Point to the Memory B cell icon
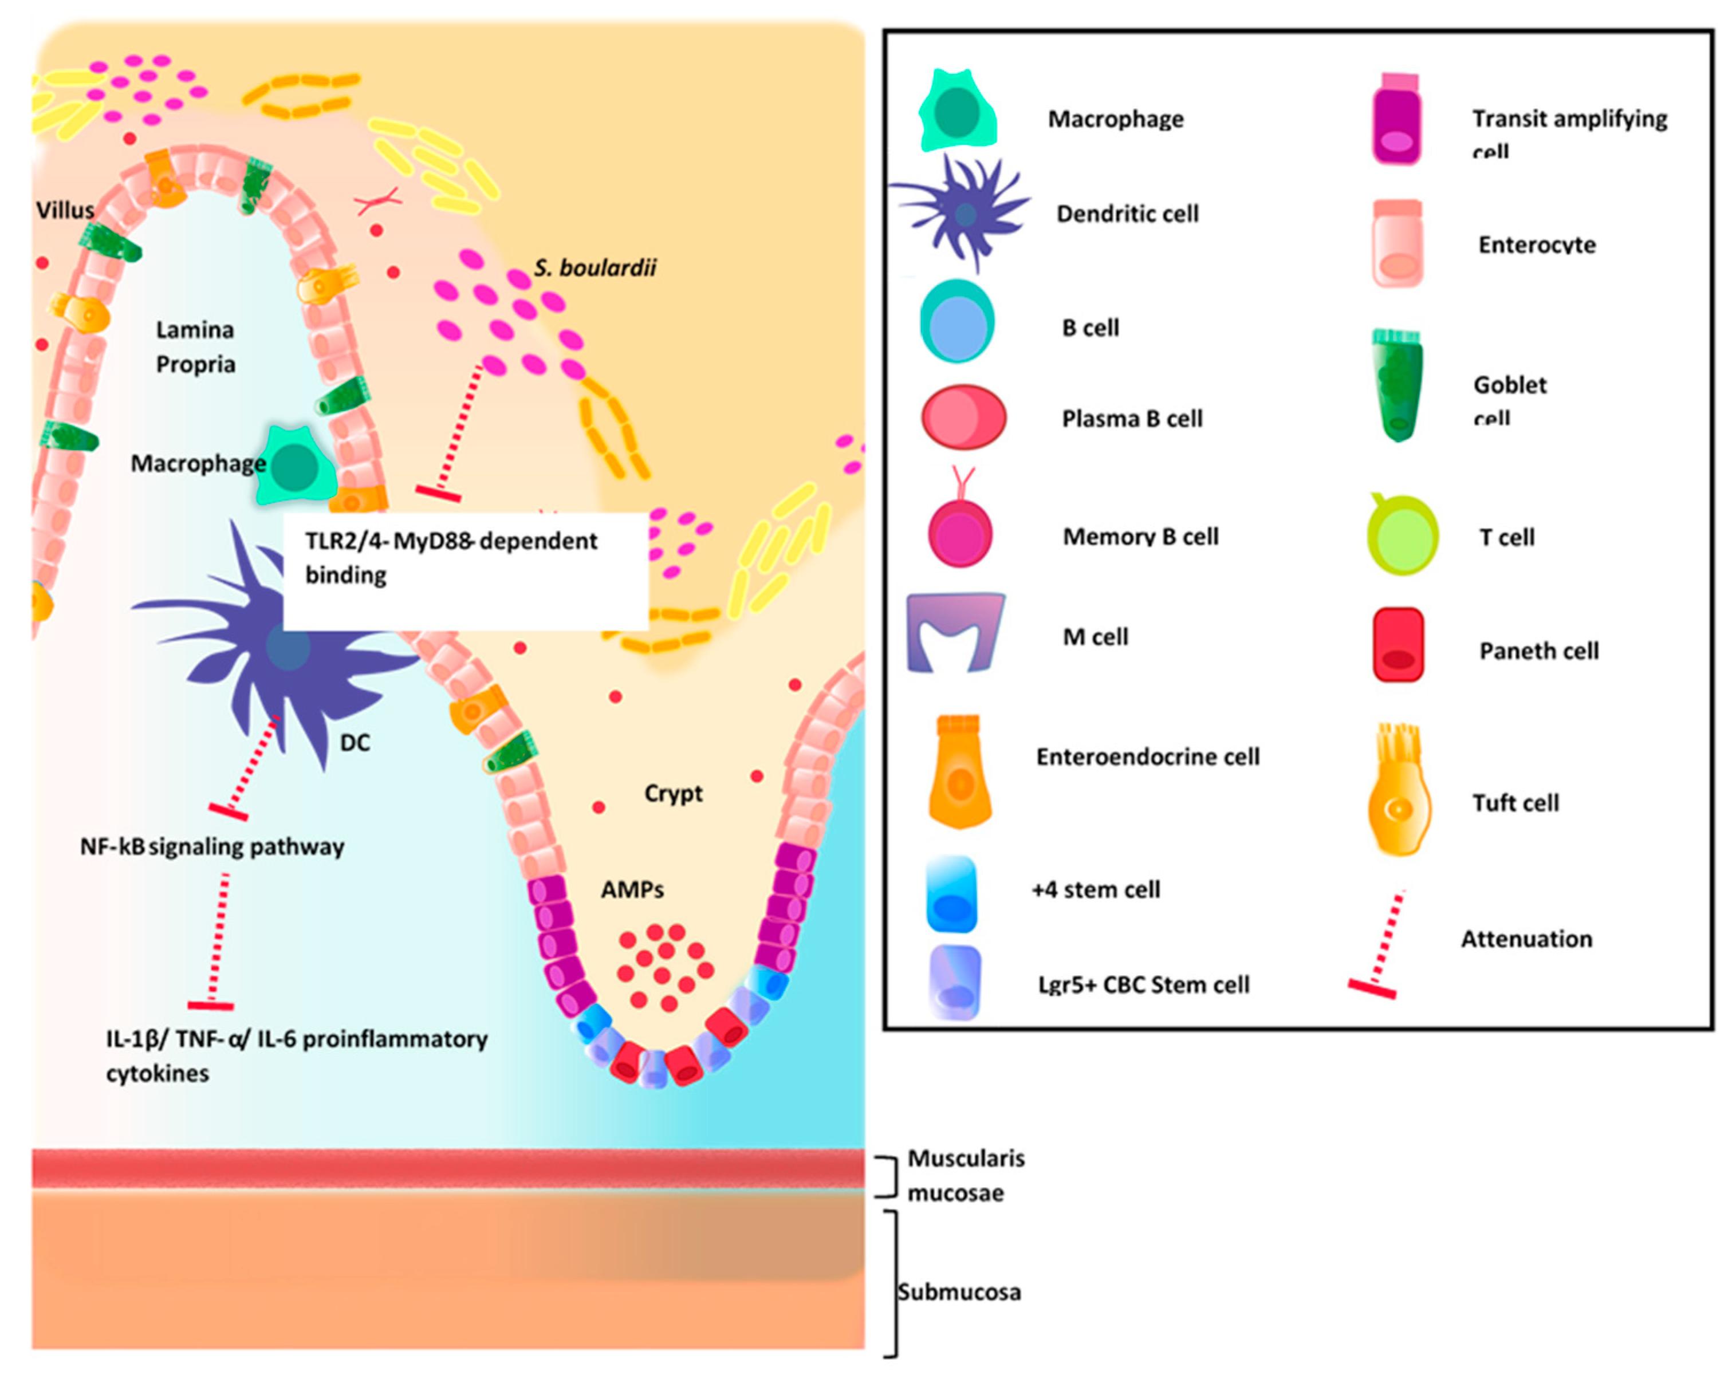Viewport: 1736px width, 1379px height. click(x=960, y=531)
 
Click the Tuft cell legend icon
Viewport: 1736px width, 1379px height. click(x=1399, y=797)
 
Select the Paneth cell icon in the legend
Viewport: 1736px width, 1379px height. click(x=1399, y=645)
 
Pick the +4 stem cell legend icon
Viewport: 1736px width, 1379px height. click(x=952, y=893)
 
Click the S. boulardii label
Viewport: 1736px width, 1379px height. click(x=595, y=267)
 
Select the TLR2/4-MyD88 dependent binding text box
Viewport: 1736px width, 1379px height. click(x=466, y=570)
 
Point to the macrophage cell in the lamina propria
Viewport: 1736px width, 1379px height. click(x=296, y=467)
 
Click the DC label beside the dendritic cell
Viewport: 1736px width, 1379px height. click(x=355, y=742)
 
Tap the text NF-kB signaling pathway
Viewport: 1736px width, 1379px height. click(x=212, y=846)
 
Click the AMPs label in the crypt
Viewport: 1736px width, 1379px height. click(x=632, y=889)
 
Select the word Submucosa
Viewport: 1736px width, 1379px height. click(x=959, y=1292)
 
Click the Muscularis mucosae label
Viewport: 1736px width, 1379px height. click(x=966, y=1175)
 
